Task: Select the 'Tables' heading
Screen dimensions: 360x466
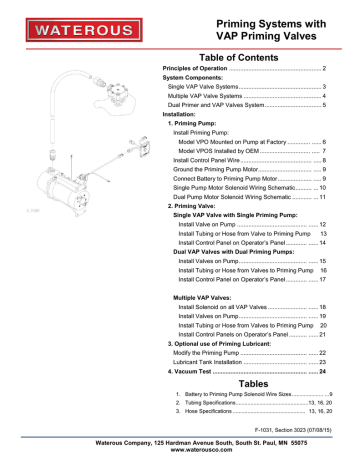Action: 246,383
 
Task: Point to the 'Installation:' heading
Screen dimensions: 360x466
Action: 181,114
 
